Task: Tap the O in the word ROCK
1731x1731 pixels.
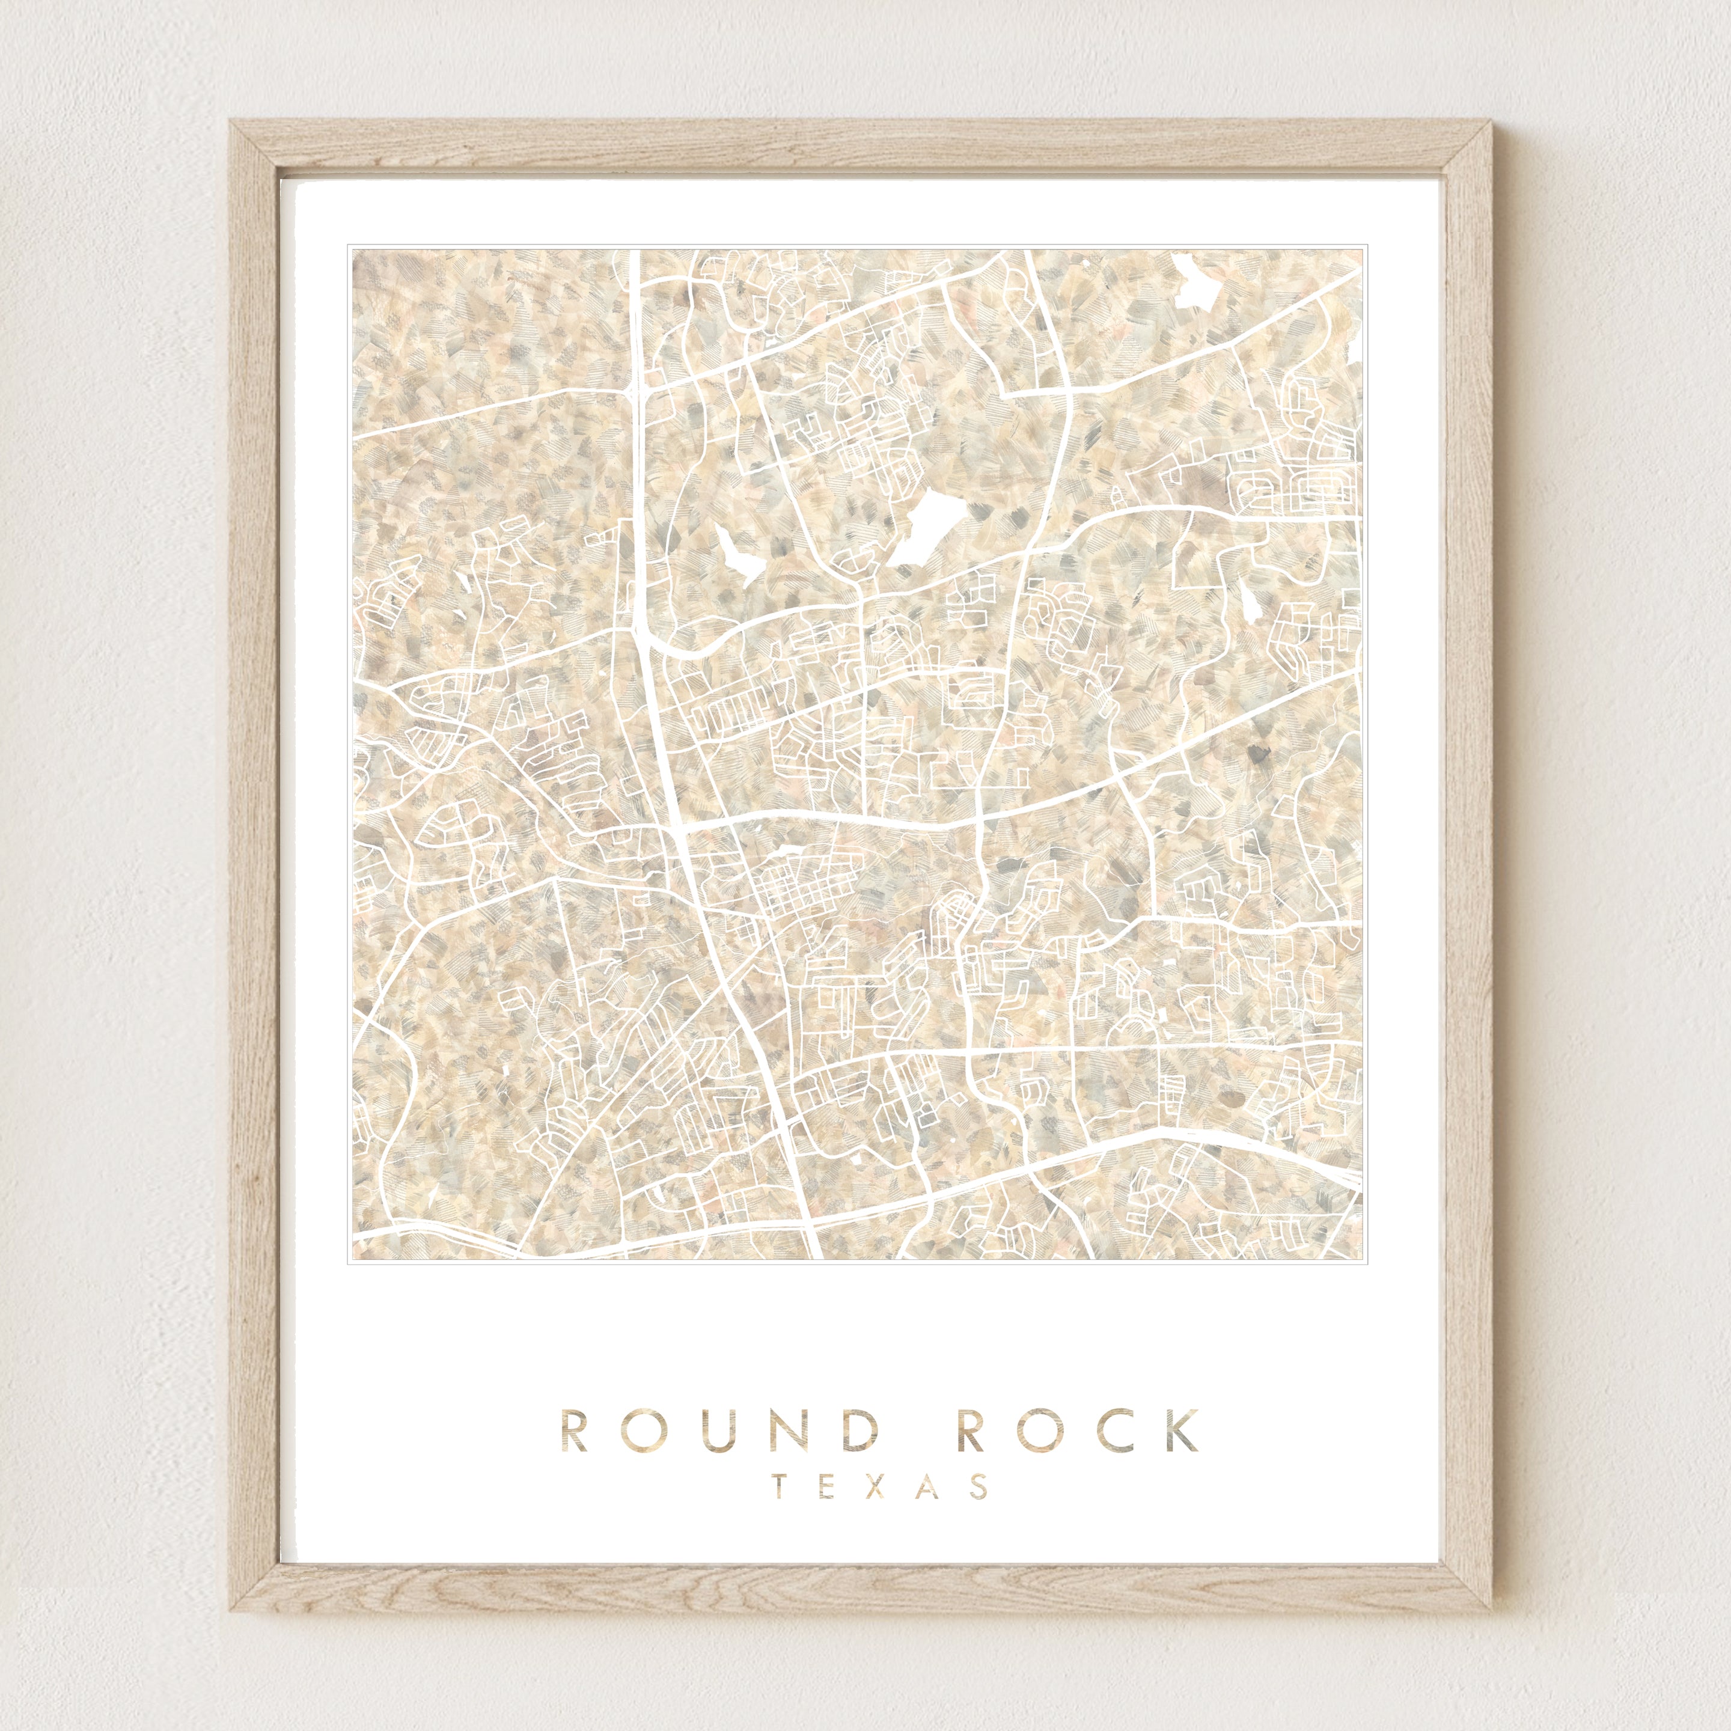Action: point(1054,1431)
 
